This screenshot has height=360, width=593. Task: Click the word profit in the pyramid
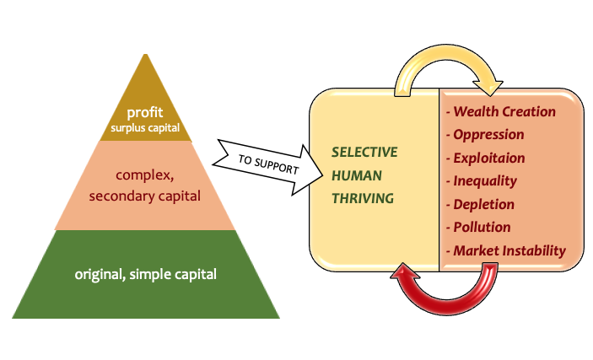tap(145, 113)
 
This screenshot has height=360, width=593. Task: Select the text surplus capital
tap(145, 128)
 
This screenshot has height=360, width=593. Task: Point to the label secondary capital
tap(145, 196)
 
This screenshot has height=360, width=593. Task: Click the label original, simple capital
tap(146, 274)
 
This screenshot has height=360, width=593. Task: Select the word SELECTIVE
tap(364, 152)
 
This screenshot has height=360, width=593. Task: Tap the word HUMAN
tap(357, 175)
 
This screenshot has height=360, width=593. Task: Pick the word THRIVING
tap(363, 198)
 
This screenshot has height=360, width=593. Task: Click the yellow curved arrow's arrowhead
tap(489, 87)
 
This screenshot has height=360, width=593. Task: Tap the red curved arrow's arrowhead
tap(405, 272)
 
